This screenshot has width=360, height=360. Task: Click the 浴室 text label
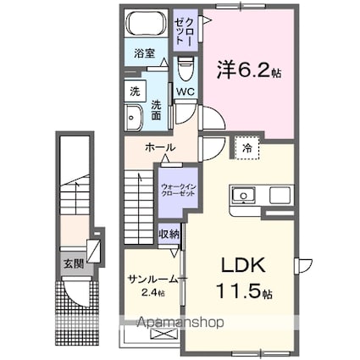(x=144, y=53)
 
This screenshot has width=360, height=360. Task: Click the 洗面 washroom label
(x=158, y=108)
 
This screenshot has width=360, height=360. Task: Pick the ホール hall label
(x=161, y=147)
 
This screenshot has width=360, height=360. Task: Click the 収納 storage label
(x=169, y=235)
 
